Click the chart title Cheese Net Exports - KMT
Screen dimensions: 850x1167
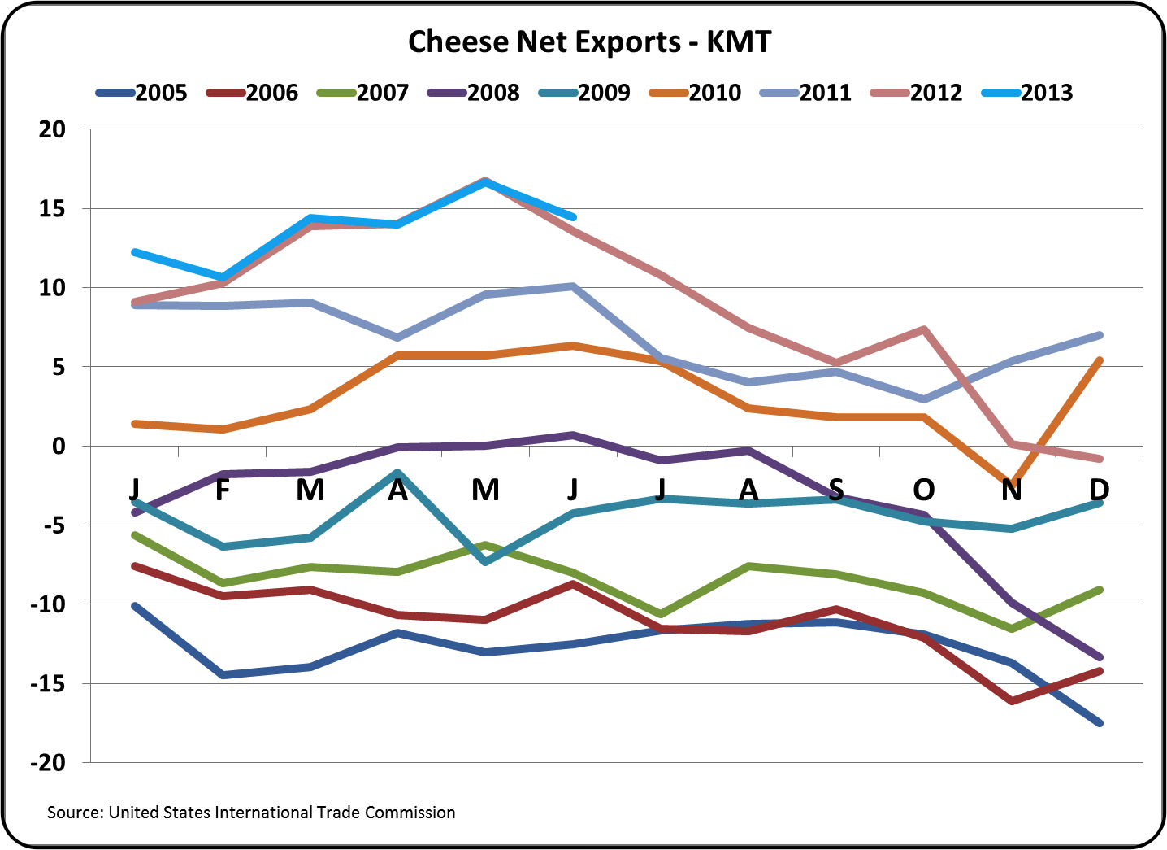[589, 42]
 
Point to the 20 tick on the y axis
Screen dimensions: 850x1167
[52, 129]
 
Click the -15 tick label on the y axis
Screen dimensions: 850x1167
[48, 684]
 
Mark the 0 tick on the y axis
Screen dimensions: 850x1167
[59, 447]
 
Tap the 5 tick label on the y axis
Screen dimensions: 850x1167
[59, 368]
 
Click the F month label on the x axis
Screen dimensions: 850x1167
[223, 490]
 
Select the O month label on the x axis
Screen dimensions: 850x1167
[924, 490]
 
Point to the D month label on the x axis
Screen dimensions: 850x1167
[1099, 490]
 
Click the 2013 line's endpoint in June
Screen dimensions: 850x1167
[574, 217]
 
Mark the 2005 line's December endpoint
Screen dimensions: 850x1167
[1100, 723]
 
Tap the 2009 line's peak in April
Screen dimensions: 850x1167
[398, 472]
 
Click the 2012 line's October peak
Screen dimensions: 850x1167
[924, 329]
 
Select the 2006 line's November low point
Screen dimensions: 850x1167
[1012, 700]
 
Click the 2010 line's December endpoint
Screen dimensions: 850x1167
[1100, 360]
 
